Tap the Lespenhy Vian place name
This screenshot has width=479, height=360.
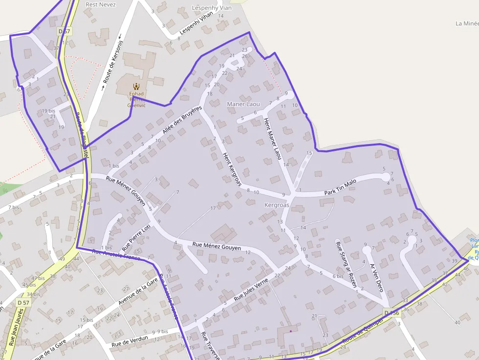212,8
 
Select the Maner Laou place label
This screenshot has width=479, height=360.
243,104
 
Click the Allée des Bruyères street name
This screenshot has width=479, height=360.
182,121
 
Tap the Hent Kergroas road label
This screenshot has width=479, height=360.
232,169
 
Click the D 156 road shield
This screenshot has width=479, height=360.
392,313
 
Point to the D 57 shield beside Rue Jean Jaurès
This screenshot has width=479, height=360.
22,303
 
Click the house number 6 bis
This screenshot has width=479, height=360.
338,276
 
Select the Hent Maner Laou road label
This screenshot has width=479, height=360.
273,139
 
